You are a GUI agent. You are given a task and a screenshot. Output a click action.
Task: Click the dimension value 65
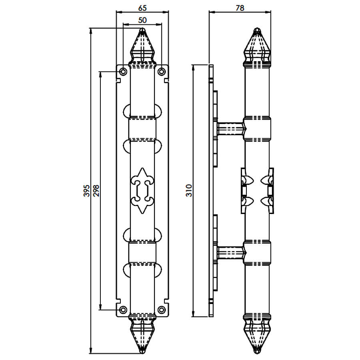pos(142,8)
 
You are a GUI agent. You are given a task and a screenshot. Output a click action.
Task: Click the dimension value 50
pos(142,20)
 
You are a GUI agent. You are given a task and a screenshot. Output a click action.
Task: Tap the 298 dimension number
pos(96,190)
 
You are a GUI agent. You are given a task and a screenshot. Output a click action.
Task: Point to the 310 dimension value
pos(189,190)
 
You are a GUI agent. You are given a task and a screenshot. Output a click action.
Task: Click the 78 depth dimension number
pos(240,8)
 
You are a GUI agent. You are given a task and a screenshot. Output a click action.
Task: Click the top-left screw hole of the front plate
pos(123,72)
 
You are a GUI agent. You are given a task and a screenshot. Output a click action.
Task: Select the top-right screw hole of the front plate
pos(162,72)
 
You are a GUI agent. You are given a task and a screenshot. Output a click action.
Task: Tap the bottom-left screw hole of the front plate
pos(123,310)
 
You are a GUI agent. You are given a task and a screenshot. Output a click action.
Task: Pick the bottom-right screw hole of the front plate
pos(162,310)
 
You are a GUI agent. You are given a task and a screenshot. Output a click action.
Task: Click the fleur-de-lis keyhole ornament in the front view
pos(142,190)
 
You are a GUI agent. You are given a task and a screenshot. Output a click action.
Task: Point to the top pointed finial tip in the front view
pos(142,28)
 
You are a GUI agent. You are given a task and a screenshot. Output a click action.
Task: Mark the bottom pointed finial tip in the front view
pos(142,353)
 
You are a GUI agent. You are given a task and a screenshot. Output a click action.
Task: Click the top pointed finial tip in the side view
pos(257,28)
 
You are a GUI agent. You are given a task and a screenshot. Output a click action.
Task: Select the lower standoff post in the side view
pos(230,252)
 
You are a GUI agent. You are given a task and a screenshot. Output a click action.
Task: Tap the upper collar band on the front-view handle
pos(142,128)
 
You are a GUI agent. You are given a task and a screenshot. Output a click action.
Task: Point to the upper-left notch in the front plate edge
pos(118,81)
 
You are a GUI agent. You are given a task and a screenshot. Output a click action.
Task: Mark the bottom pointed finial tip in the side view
pos(257,353)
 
